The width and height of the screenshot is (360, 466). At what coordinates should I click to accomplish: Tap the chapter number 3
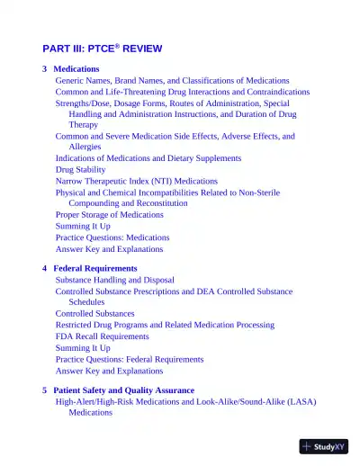coord(45,69)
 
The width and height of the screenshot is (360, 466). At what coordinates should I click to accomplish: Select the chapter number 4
coord(45,268)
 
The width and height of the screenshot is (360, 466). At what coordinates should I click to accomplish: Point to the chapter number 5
coord(45,390)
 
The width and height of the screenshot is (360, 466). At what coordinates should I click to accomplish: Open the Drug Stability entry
coord(80,169)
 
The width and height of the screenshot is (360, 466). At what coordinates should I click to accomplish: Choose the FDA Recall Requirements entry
coord(102,336)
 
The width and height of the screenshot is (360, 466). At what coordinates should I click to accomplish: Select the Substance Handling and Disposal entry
coord(114,280)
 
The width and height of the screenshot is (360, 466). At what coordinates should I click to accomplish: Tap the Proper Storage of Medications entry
coord(109,215)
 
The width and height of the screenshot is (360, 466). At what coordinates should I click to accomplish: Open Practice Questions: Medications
coord(112,237)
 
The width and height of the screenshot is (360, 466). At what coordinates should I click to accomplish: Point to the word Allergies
coord(85,146)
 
